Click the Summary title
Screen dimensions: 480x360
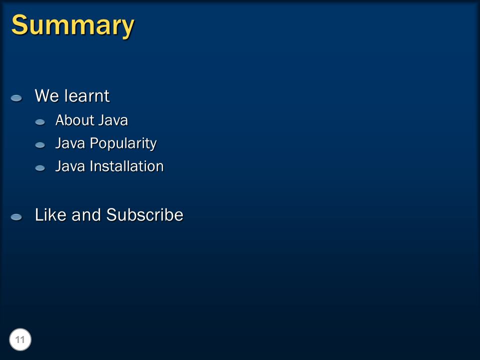tap(73, 25)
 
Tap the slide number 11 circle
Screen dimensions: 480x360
tap(20, 339)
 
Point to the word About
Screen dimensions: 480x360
tap(74, 120)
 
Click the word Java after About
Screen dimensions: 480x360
tap(113, 120)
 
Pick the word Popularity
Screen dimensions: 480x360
tap(123, 143)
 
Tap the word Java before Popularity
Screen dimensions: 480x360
tap(70, 143)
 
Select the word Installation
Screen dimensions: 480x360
tap(126, 166)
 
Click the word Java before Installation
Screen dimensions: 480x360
tap(70, 166)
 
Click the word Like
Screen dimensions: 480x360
tap(50, 214)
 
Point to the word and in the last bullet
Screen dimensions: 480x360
tap(86, 214)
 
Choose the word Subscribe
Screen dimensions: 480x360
tap(145, 214)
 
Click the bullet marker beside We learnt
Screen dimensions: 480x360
tap(16, 98)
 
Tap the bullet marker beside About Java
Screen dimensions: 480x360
tap(40, 122)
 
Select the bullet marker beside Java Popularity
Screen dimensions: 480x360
tap(40, 145)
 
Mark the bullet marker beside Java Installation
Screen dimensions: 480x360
tap(40, 168)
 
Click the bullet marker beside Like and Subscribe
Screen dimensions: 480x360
tap(16, 217)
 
